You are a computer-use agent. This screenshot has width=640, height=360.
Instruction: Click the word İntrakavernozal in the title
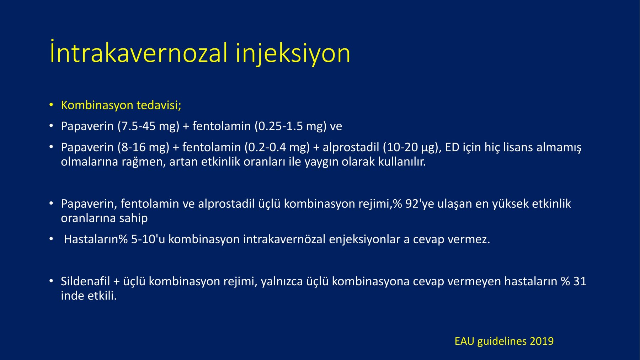139,53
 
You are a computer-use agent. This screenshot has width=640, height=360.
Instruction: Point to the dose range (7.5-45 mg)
148,126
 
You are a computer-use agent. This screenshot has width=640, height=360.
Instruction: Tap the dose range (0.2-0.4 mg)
277,147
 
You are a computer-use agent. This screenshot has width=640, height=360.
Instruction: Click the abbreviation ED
452,147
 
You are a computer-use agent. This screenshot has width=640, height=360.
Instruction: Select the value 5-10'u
148,239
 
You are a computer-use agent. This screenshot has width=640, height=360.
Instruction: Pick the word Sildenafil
85,281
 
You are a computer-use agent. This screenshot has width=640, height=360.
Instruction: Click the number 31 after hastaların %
580,281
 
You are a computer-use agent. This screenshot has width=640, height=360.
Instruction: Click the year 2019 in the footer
542,342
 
